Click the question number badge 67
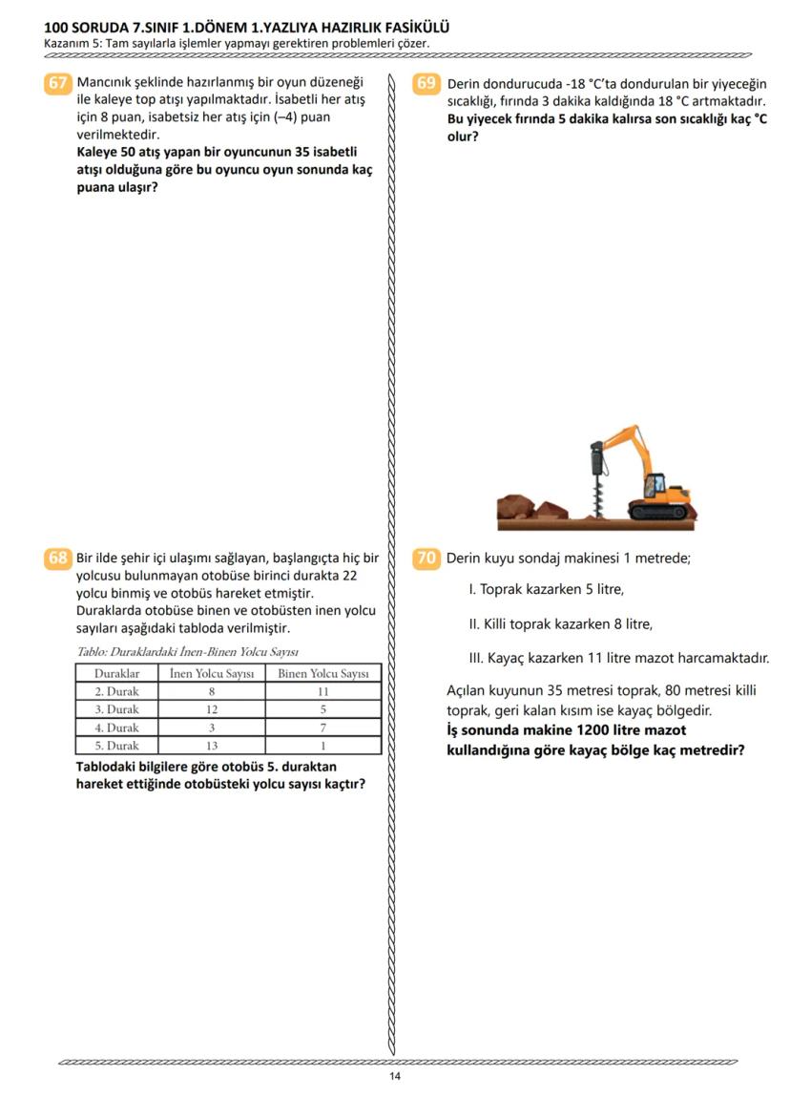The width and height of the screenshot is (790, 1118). (58, 83)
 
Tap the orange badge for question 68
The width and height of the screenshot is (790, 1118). (58, 559)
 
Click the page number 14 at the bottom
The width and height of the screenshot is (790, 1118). (395, 1077)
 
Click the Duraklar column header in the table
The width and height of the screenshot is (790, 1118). (116, 674)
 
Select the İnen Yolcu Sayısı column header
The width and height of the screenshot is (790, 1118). (211, 674)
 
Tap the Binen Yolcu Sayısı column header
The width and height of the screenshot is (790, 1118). (323, 674)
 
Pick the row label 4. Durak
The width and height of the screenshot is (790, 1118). (116, 728)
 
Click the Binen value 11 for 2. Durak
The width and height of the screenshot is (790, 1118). (323, 691)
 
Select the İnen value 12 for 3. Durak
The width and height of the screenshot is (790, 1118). (211, 709)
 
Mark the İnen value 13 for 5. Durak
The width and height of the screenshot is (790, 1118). (211, 746)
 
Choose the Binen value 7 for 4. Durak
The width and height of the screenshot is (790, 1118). (323, 728)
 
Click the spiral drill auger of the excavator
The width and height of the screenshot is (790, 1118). (598, 491)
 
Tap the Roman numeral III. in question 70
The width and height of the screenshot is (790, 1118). (477, 658)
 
